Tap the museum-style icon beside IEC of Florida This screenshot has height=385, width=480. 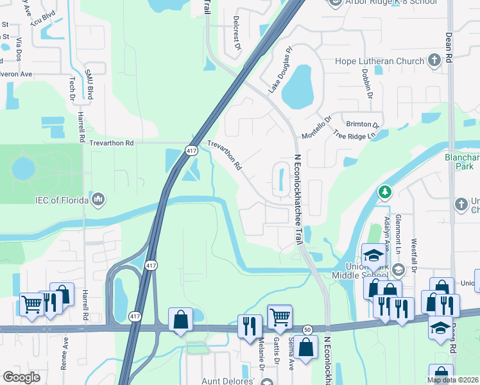[98, 200]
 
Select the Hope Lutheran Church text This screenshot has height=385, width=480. [379, 62]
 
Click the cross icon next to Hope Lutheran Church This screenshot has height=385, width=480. [434, 61]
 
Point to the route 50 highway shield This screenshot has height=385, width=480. [307, 329]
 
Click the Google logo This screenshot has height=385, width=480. [21, 377]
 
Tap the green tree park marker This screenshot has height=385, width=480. [385, 192]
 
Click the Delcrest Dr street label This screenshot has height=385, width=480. [237, 33]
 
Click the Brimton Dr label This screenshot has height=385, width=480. [363, 124]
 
